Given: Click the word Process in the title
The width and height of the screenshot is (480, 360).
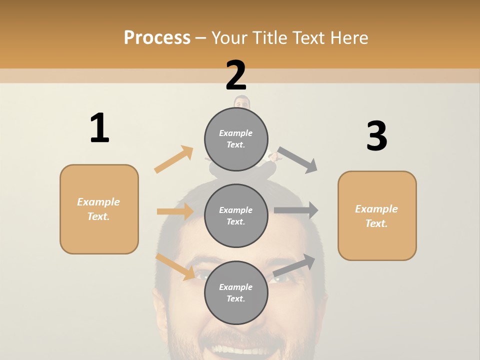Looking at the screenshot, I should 157,37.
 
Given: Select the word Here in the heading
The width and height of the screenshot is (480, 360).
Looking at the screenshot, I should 348,37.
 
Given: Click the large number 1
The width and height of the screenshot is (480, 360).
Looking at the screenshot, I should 99,128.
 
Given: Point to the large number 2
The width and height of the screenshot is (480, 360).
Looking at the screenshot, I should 236,75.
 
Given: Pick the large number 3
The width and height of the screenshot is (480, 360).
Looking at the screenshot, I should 376,136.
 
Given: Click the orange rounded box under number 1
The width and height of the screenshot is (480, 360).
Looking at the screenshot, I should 99,209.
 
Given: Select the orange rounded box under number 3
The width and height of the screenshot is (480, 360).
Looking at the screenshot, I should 377,216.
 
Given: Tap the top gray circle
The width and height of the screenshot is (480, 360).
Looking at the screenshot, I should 236,139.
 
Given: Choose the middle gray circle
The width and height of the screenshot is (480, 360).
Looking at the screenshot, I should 236,216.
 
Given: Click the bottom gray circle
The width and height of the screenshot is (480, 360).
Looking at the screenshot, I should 236,293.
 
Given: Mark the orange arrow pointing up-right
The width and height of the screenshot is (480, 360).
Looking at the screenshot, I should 174,159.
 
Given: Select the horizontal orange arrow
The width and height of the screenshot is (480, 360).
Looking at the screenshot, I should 175,211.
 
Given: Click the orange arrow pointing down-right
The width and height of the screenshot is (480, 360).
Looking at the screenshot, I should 175,266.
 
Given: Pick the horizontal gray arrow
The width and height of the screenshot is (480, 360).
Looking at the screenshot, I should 296,210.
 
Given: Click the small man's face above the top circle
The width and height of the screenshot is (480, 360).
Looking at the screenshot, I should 242,102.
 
